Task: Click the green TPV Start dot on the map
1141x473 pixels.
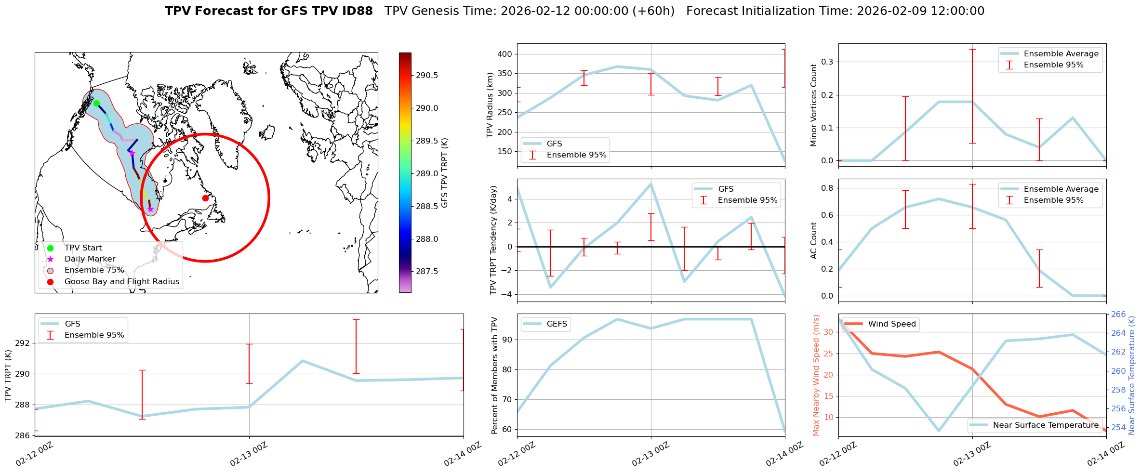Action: coord(96,103)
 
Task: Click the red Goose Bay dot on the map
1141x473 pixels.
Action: coord(205,198)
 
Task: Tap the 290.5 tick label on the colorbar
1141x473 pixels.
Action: coord(427,75)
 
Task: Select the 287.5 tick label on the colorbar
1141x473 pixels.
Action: coord(427,271)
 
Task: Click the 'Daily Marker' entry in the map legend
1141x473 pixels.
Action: coord(90,259)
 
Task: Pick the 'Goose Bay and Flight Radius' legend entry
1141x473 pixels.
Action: coord(121,281)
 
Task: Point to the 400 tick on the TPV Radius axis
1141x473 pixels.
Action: coord(504,54)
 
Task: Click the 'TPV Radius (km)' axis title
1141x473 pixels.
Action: coord(490,105)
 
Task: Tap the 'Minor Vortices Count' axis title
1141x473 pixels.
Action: coord(813,105)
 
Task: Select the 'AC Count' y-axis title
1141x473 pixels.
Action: coord(813,240)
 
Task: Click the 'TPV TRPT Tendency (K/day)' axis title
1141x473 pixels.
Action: coord(493,240)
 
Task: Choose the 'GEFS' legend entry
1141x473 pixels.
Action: coord(557,324)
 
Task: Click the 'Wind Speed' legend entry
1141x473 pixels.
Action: coord(891,324)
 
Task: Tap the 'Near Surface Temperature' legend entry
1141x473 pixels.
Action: coord(1046,425)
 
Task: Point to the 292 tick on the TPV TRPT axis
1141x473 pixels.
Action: coord(23,343)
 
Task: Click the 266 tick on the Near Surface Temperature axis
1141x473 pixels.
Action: coord(1118,315)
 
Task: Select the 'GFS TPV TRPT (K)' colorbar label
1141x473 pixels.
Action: coord(444,173)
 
